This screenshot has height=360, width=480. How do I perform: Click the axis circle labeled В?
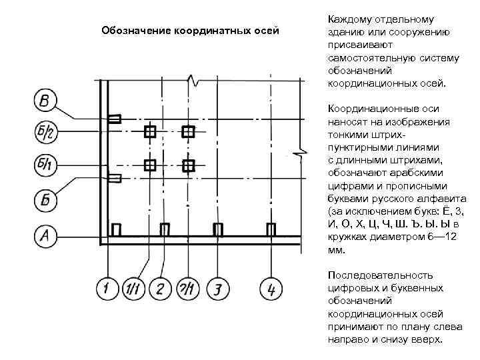point(45,101)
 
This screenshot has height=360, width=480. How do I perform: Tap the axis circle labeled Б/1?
point(45,165)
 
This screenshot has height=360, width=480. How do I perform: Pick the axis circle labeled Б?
point(45,199)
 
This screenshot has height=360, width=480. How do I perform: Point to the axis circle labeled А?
point(45,235)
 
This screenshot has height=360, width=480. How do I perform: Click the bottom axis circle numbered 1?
point(107,289)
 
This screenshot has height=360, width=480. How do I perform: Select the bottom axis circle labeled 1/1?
point(134,289)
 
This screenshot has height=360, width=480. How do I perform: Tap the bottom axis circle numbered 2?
point(161,289)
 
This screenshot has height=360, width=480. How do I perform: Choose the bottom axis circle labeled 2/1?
point(187,289)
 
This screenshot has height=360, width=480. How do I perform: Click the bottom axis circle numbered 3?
point(217,289)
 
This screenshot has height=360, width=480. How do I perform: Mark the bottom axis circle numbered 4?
point(270,289)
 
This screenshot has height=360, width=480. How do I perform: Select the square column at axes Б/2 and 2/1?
point(189,131)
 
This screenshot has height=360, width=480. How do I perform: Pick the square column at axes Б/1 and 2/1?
point(189,165)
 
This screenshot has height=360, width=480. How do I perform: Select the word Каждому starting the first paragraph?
point(349,19)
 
